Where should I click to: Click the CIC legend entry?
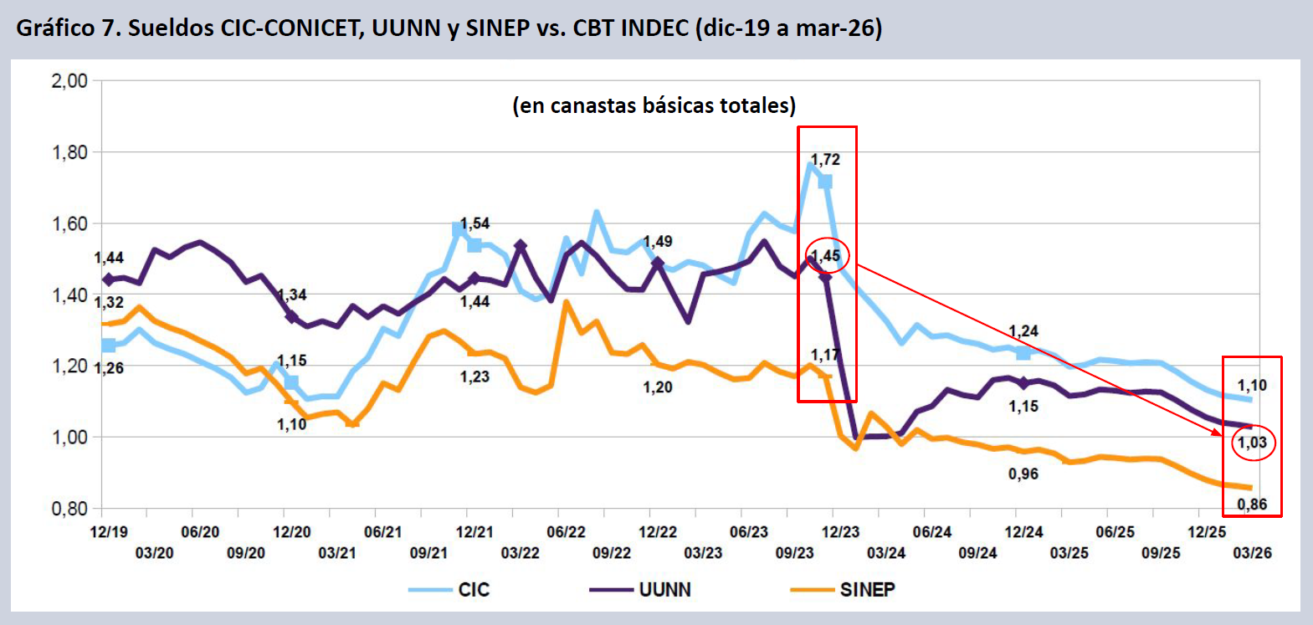point(473,590)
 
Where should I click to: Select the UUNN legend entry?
point(664,590)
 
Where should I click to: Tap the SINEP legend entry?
point(867,590)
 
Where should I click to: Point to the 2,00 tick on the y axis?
point(69,81)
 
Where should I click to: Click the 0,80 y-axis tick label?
point(69,509)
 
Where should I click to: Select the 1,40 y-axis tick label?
point(69,295)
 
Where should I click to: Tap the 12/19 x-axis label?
point(109,532)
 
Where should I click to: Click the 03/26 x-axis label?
point(1253,553)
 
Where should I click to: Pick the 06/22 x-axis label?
point(567,532)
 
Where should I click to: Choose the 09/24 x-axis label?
point(978,553)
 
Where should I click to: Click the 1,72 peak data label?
point(825,159)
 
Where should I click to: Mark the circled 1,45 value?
point(826,256)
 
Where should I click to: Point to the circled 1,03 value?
point(1252,443)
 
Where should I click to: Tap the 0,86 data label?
point(1252,505)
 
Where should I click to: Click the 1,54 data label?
point(474,223)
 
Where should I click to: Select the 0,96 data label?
point(1023,474)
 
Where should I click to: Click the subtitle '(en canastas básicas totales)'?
point(654,105)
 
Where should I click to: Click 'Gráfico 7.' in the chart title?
point(68,28)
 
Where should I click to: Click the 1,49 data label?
point(658,242)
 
